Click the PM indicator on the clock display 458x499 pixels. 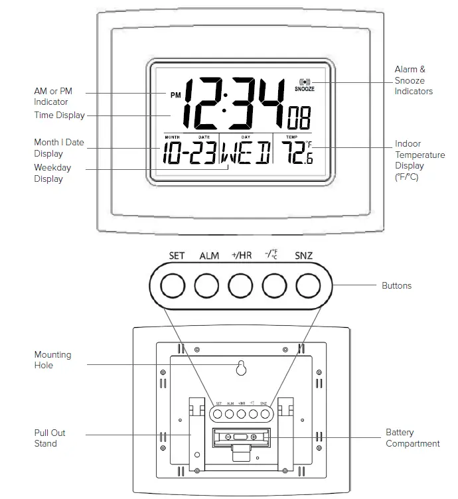(x=175, y=95)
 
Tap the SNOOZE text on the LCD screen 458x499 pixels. (x=305, y=88)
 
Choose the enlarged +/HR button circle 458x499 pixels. (x=240, y=286)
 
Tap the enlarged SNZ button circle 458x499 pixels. (x=307, y=286)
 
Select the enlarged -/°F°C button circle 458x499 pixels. (x=274, y=286)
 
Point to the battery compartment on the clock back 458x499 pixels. (x=240, y=438)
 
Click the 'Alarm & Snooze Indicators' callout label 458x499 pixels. (x=413, y=80)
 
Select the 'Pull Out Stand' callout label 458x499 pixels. (x=50, y=438)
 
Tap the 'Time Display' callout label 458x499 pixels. (x=59, y=115)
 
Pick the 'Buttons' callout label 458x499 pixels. (x=396, y=285)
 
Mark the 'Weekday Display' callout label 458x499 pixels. (x=52, y=173)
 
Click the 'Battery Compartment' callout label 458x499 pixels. (x=412, y=438)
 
